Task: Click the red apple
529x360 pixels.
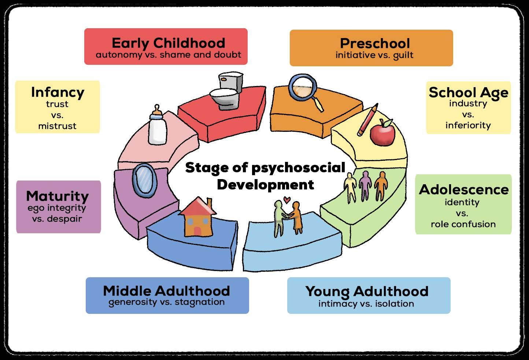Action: click(x=382, y=133)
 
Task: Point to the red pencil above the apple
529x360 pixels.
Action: click(x=367, y=119)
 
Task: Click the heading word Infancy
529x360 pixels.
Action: click(x=58, y=92)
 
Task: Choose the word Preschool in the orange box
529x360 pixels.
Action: click(x=375, y=43)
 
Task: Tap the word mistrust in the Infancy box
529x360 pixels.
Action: click(x=58, y=126)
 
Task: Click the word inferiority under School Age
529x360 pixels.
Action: click(x=468, y=125)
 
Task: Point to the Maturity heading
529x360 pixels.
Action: click(x=58, y=196)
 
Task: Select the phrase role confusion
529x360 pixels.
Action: click(x=463, y=224)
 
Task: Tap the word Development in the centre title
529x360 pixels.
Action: click(x=265, y=184)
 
